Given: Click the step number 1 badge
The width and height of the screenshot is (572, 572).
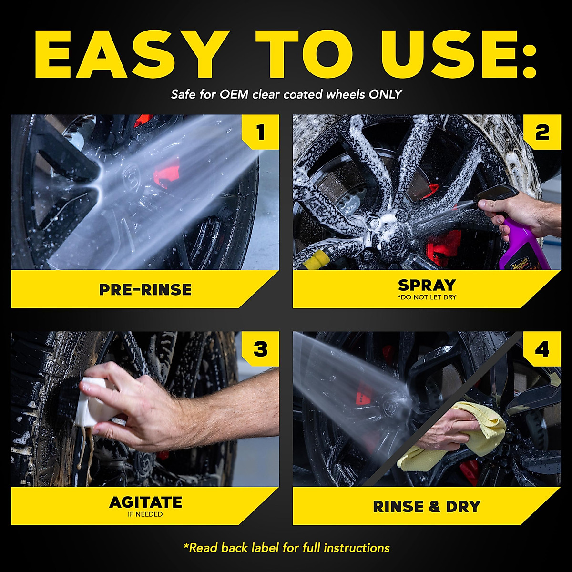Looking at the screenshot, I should pos(260,132).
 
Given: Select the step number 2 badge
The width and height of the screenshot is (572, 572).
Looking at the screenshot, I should pos(541,132).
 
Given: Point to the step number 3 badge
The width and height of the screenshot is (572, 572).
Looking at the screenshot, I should pos(260,349).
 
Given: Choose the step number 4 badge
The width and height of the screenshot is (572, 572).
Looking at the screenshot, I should pos(541,349).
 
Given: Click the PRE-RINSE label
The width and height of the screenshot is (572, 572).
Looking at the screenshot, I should pos(145,289).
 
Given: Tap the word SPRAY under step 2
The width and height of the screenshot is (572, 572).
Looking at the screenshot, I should pos(427,285).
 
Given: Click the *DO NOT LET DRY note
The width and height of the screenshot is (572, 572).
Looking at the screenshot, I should pos(427,297).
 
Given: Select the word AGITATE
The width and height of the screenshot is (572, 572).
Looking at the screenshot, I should pos(145,502).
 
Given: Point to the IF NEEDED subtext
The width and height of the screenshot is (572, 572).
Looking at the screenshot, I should pos(145,514).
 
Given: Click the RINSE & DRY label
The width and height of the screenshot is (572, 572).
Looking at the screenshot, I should pos(427,506).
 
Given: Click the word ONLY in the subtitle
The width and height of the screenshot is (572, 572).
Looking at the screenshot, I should pos(385,94).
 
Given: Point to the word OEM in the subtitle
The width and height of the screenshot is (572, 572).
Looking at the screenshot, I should pos(234,94).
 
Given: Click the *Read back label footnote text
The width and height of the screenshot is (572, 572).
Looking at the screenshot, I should pos(286,548).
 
